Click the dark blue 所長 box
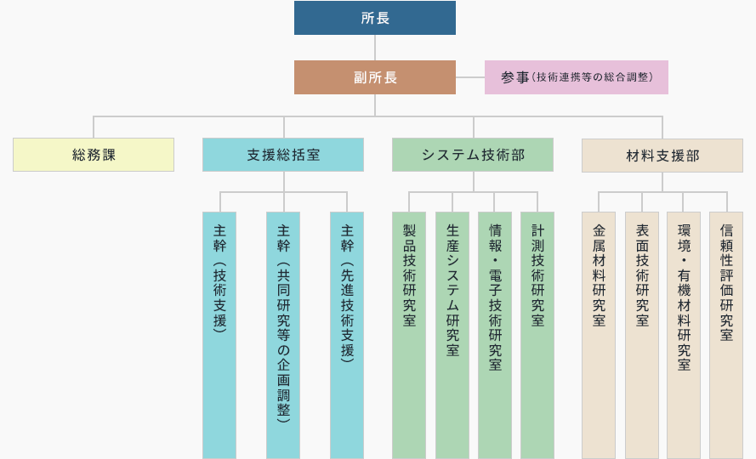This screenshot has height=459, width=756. (x=375, y=18)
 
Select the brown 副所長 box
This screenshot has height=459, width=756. (x=375, y=77)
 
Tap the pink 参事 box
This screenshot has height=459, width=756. (x=577, y=77)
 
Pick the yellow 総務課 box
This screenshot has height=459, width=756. (x=94, y=155)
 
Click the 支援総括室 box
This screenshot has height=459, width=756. (x=283, y=155)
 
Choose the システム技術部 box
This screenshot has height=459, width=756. (x=473, y=155)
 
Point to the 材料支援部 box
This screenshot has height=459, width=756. (x=662, y=156)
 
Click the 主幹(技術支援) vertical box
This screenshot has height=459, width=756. (x=219, y=335)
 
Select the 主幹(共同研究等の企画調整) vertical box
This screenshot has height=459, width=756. (x=283, y=335)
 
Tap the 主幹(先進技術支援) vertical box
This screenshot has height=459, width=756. (x=347, y=335)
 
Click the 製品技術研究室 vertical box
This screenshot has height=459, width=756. (x=409, y=335)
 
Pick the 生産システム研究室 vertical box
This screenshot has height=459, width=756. (x=452, y=335)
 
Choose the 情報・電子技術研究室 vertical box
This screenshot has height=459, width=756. (x=495, y=335)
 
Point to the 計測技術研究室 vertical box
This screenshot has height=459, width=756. (x=537, y=335)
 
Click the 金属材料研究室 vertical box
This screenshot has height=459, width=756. (x=599, y=335)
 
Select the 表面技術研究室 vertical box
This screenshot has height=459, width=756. (x=642, y=335)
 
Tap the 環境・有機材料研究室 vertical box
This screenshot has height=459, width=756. (x=683, y=335)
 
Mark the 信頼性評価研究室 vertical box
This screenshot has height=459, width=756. (x=726, y=335)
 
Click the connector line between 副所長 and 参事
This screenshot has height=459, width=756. (x=470, y=77)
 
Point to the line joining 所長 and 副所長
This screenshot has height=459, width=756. (x=375, y=48)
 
